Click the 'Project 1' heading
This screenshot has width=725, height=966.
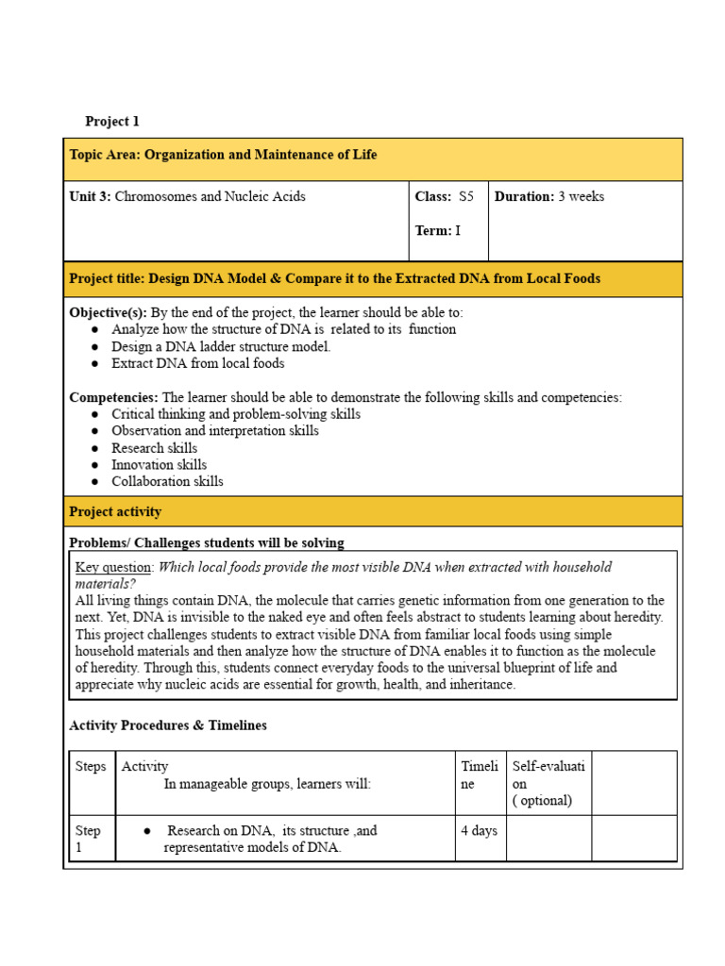click(111, 122)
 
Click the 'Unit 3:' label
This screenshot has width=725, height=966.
click(91, 197)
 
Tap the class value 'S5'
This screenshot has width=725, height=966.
click(466, 197)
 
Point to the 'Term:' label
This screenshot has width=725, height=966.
click(433, 230)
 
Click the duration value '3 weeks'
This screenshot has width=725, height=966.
click(581, 197)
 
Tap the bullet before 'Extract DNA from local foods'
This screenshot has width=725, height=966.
click(96, 363)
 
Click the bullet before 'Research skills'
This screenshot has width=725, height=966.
click(96, 448)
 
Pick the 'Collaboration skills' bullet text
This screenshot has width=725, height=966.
click(167, 481)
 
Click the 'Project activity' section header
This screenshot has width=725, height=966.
click(115, 512)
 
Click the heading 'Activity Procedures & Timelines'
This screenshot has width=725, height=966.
click(168, 725)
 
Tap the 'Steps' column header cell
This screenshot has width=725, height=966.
click(91, 767)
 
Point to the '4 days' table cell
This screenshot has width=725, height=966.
click(479, 831)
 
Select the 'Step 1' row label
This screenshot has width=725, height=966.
click(89, 839)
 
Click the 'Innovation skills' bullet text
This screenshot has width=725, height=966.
click(159, 464)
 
